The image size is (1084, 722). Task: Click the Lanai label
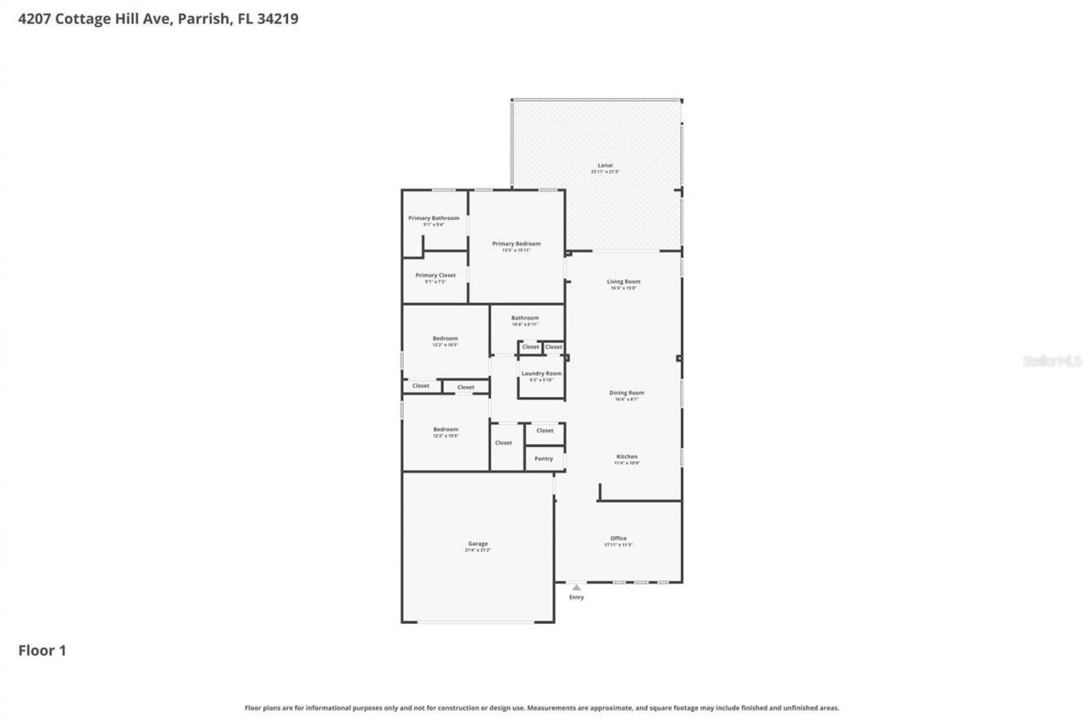[x=605, y=165]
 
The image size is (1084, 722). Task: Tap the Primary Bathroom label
[x=434, y=218]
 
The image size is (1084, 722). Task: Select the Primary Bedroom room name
[x=517, y=244]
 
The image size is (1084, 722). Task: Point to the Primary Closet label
[x=435, y=275]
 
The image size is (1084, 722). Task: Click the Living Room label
[x=623, y=282]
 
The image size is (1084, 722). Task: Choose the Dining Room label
[x=627, y=393]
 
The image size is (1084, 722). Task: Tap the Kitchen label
[x=627, y=457]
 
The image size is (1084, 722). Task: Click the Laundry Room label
[x=541, y=373]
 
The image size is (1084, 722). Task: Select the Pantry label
[x=544, y=459]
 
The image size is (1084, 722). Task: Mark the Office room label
[x=618, y=538]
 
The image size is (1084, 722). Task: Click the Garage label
[x=478, y=543]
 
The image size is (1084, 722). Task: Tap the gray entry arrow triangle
[x=576, y=587]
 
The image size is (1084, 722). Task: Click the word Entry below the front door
[x=576, y=598]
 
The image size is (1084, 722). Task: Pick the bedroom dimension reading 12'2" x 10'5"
[x=445, y=345]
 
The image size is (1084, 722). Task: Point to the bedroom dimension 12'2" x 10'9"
[x=445, y=436]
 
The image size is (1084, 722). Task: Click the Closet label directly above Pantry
[x=545, y=431]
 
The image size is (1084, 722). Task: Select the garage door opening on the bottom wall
[x=476, y=623]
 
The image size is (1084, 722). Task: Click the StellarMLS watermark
[x=1052, y=361]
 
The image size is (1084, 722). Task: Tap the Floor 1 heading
[x=42, y=650]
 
